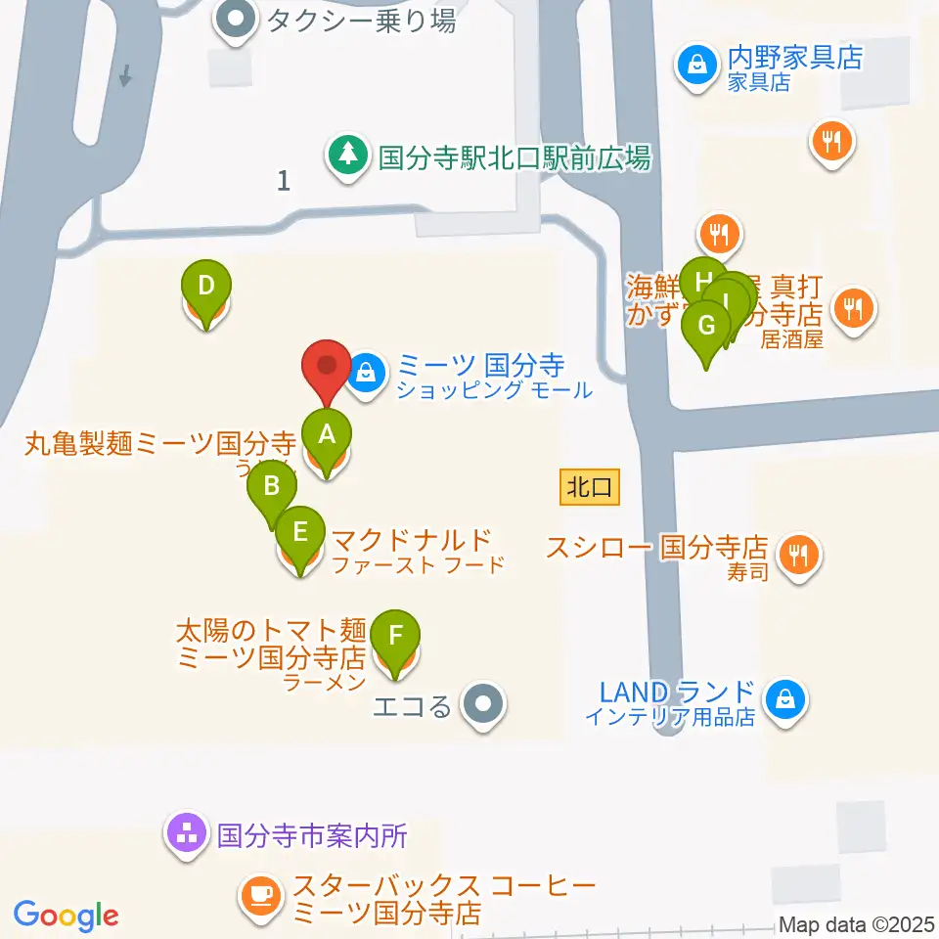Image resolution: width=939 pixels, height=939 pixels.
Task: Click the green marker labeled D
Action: (x=206, y=287)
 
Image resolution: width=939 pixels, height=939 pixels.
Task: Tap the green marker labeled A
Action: (x=327, y=433)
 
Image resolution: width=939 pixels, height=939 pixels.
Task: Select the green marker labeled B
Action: (x=273, y=486)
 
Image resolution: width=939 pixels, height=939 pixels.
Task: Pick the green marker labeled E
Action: (x=300, y=532)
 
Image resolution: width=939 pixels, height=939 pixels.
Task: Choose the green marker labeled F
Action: (x=395, y=635)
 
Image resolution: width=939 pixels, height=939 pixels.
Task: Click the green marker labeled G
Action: (x=707, y=325)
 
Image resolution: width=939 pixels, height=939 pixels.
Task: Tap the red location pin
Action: (x=327, y=369)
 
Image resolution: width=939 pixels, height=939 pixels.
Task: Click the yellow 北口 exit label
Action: (x=591, y=486)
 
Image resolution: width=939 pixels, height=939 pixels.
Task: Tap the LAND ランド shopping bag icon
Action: (x=784, y=699)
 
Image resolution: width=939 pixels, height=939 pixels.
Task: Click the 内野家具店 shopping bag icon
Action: (x=696, y=66)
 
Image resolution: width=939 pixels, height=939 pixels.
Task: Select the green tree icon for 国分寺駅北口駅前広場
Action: (x=345, y=155)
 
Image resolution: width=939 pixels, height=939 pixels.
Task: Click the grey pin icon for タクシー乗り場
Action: (x=236, y=20)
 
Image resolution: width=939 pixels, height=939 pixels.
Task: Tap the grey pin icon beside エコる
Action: (x=482, y=704)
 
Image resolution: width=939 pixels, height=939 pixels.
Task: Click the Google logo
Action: (x=66, y=916)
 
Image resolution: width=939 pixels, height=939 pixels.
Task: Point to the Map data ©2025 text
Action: (x=856, y=924)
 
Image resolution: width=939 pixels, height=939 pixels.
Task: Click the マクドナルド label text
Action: (x=411, y=540)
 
